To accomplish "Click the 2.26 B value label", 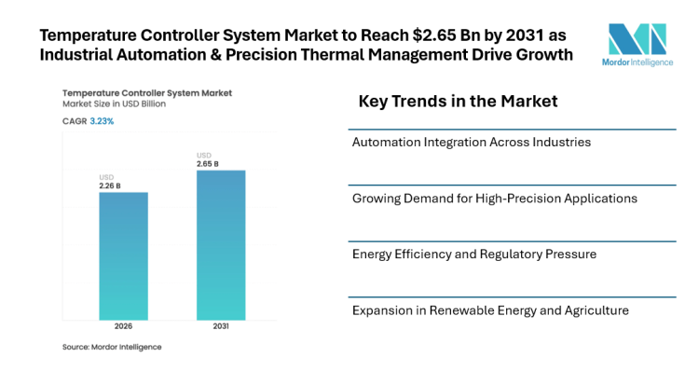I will point(111,185).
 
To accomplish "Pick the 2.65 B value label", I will point(208,164).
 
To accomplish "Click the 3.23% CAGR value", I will point(103,121).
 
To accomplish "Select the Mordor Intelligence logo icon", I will point(637,38).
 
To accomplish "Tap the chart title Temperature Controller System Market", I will point(146,93).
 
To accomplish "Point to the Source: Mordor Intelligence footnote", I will point(111,347).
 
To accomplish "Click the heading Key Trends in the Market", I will point(458,101).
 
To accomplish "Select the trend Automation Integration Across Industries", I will point(471,143).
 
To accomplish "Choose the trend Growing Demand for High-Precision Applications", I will point(494,199).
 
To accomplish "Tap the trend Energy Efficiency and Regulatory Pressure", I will point(473,254).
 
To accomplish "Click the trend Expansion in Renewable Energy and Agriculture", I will point(490,309).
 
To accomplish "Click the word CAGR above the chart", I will point(75,121).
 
